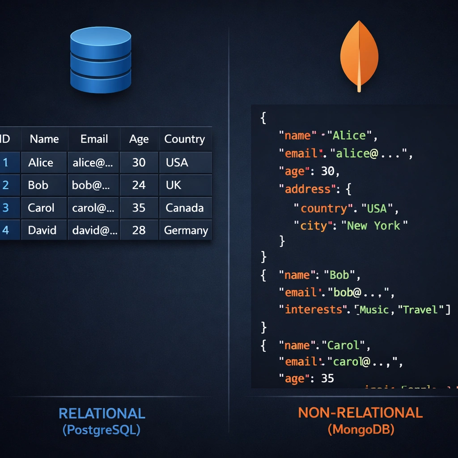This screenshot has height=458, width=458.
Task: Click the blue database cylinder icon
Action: (101, 60)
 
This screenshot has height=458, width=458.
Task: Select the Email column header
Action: (94, 139)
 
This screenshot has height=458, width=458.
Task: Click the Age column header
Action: (139, 139)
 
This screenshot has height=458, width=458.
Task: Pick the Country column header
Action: (184, 139)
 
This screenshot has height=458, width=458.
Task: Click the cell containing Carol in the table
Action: (41, 208)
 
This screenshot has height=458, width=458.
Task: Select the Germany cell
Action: (186, 230)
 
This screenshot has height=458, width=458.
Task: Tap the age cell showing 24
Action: (139, 185)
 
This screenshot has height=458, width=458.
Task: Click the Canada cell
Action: (184, 208)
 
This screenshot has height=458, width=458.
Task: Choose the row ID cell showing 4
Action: (5, 230)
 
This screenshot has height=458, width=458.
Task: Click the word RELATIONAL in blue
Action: (102, 413)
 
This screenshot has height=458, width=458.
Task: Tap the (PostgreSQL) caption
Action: (102, 430)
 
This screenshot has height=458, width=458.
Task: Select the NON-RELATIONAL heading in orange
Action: (360, 412)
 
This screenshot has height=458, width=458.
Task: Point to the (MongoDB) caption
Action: (360, 430)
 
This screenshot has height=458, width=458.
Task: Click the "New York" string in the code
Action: (377, 225)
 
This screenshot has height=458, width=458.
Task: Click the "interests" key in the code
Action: (314, 310)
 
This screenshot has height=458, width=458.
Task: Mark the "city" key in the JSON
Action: (313, 225)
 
